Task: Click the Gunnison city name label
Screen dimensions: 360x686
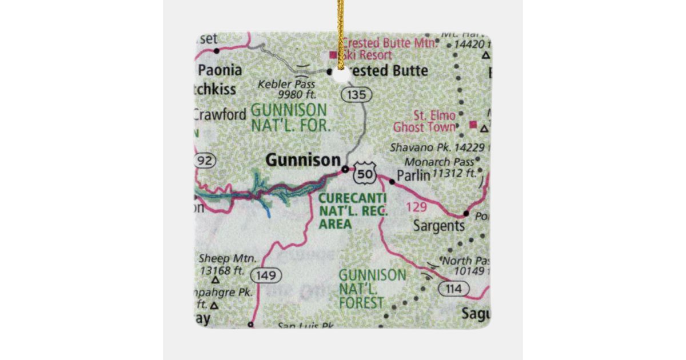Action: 302,161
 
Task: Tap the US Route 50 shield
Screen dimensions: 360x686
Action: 364,173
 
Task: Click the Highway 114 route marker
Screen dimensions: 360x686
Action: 454,289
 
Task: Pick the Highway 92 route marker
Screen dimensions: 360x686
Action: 204,161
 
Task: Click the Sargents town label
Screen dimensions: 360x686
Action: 439,226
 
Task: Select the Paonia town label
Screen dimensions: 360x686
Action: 220,70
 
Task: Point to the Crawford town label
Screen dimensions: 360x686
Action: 220,114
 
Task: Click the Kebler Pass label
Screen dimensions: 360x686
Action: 287,89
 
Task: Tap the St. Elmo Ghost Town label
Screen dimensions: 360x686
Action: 433,121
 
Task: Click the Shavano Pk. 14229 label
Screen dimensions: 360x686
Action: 438,147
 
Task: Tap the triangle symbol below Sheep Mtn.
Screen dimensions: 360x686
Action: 216,280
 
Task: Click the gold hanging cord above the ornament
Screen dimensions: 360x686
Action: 341,29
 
